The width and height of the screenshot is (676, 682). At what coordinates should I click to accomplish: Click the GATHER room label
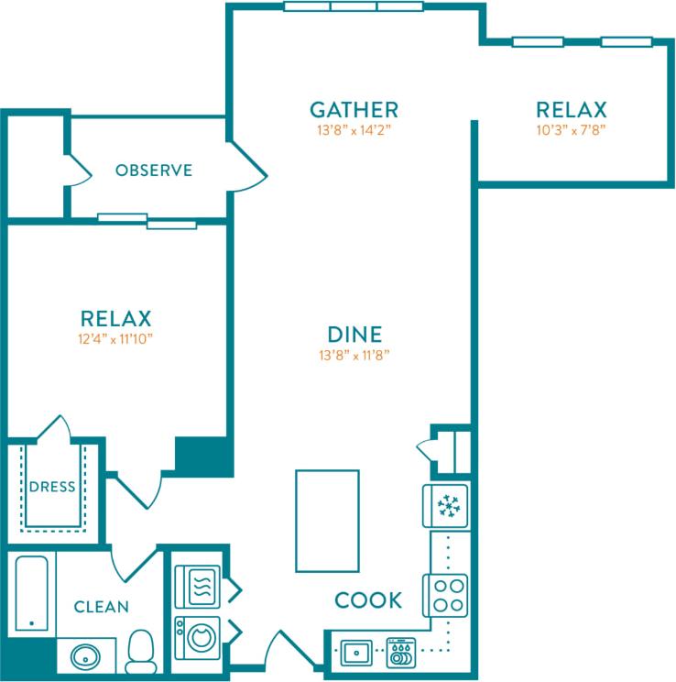click(354, 110)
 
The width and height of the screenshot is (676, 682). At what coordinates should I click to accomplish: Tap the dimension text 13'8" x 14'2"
click(354, 130)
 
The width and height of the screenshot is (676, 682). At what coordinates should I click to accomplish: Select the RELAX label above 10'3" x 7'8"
click(571, 110)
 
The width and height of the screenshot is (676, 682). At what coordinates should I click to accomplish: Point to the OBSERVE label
click(154, 170)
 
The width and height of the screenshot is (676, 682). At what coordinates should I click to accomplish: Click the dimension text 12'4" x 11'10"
click(115, 339)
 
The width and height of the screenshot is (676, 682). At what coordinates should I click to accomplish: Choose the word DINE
click(354, 335)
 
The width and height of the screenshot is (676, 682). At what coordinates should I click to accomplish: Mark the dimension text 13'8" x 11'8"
click(354, 356)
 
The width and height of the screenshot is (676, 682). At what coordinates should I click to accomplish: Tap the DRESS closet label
click(51, 487)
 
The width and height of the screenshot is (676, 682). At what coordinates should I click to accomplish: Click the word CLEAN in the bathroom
click(101, 607)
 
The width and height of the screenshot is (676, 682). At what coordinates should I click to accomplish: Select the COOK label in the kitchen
click(368, 600)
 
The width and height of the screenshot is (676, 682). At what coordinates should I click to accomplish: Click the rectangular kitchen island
click(326, 521)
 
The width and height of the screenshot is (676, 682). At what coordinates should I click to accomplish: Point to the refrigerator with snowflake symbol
click(447, 506)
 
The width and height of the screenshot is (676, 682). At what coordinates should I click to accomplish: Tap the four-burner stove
click(446, 595)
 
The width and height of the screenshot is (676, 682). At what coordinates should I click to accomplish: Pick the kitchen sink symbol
click(355, 654)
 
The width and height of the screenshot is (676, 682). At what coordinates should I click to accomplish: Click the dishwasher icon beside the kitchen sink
click(401, 654)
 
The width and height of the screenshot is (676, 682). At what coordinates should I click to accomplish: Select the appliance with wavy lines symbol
click(198, 586)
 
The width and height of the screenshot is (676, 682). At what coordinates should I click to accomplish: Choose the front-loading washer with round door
click(197, 637)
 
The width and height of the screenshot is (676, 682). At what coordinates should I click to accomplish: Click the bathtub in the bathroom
click(32, 593)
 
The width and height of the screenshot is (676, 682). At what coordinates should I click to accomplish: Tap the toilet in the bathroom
click(140, 652)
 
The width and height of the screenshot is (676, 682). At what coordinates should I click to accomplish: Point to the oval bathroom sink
click(86, 656)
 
